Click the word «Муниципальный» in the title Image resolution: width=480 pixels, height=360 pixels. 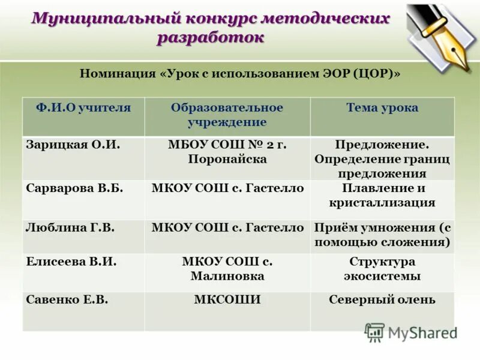(89, 19)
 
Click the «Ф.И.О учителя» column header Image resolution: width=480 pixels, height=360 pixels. (83, 109)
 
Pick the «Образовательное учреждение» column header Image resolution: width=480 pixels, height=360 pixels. (227, 115)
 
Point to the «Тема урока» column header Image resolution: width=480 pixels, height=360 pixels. (382, 109)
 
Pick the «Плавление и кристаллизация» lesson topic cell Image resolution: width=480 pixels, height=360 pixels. (382, 195)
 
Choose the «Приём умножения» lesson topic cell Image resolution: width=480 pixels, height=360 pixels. (382, 235)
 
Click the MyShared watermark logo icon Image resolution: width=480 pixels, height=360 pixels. (374, 332)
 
